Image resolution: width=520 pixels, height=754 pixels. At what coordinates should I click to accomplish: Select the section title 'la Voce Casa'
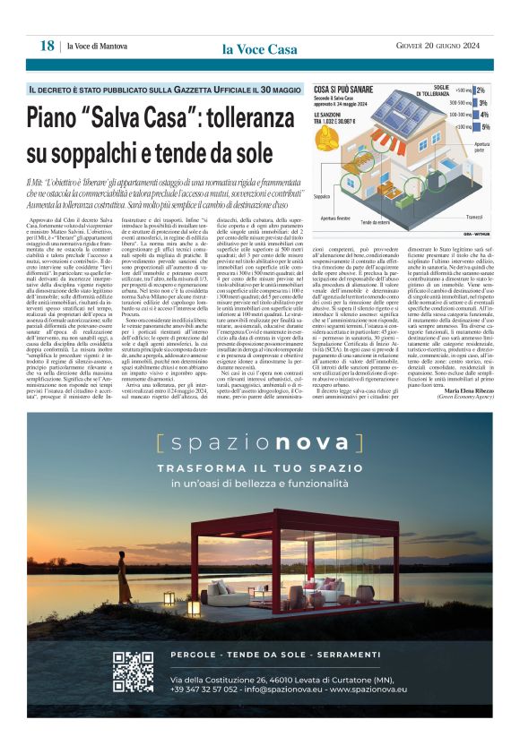259,49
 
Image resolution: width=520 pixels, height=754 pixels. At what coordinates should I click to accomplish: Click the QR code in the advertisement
133,672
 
